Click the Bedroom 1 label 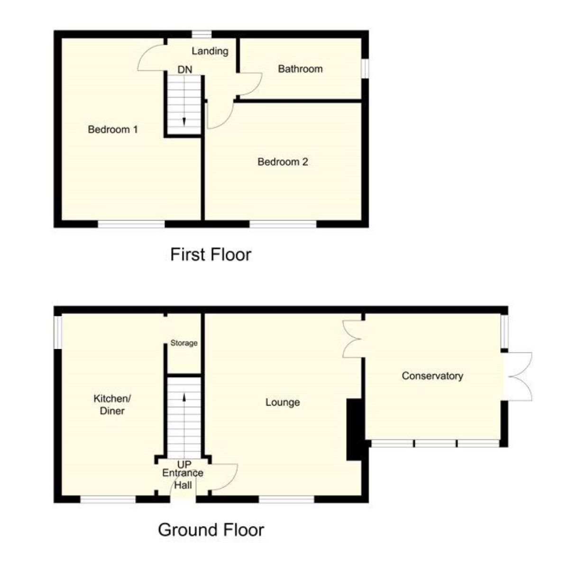click(113, 129)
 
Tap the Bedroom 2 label click(283, 162)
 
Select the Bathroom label click(300, 69)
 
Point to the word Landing click(210, 51)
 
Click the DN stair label click(185, 70)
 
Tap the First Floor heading click(211, 255)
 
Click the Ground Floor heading click(211, 530)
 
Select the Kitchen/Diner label click(112, 405)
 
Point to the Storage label click(184, 343)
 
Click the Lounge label click(283, 402)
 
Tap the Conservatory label click(432, 376)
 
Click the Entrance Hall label click(183, 479)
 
